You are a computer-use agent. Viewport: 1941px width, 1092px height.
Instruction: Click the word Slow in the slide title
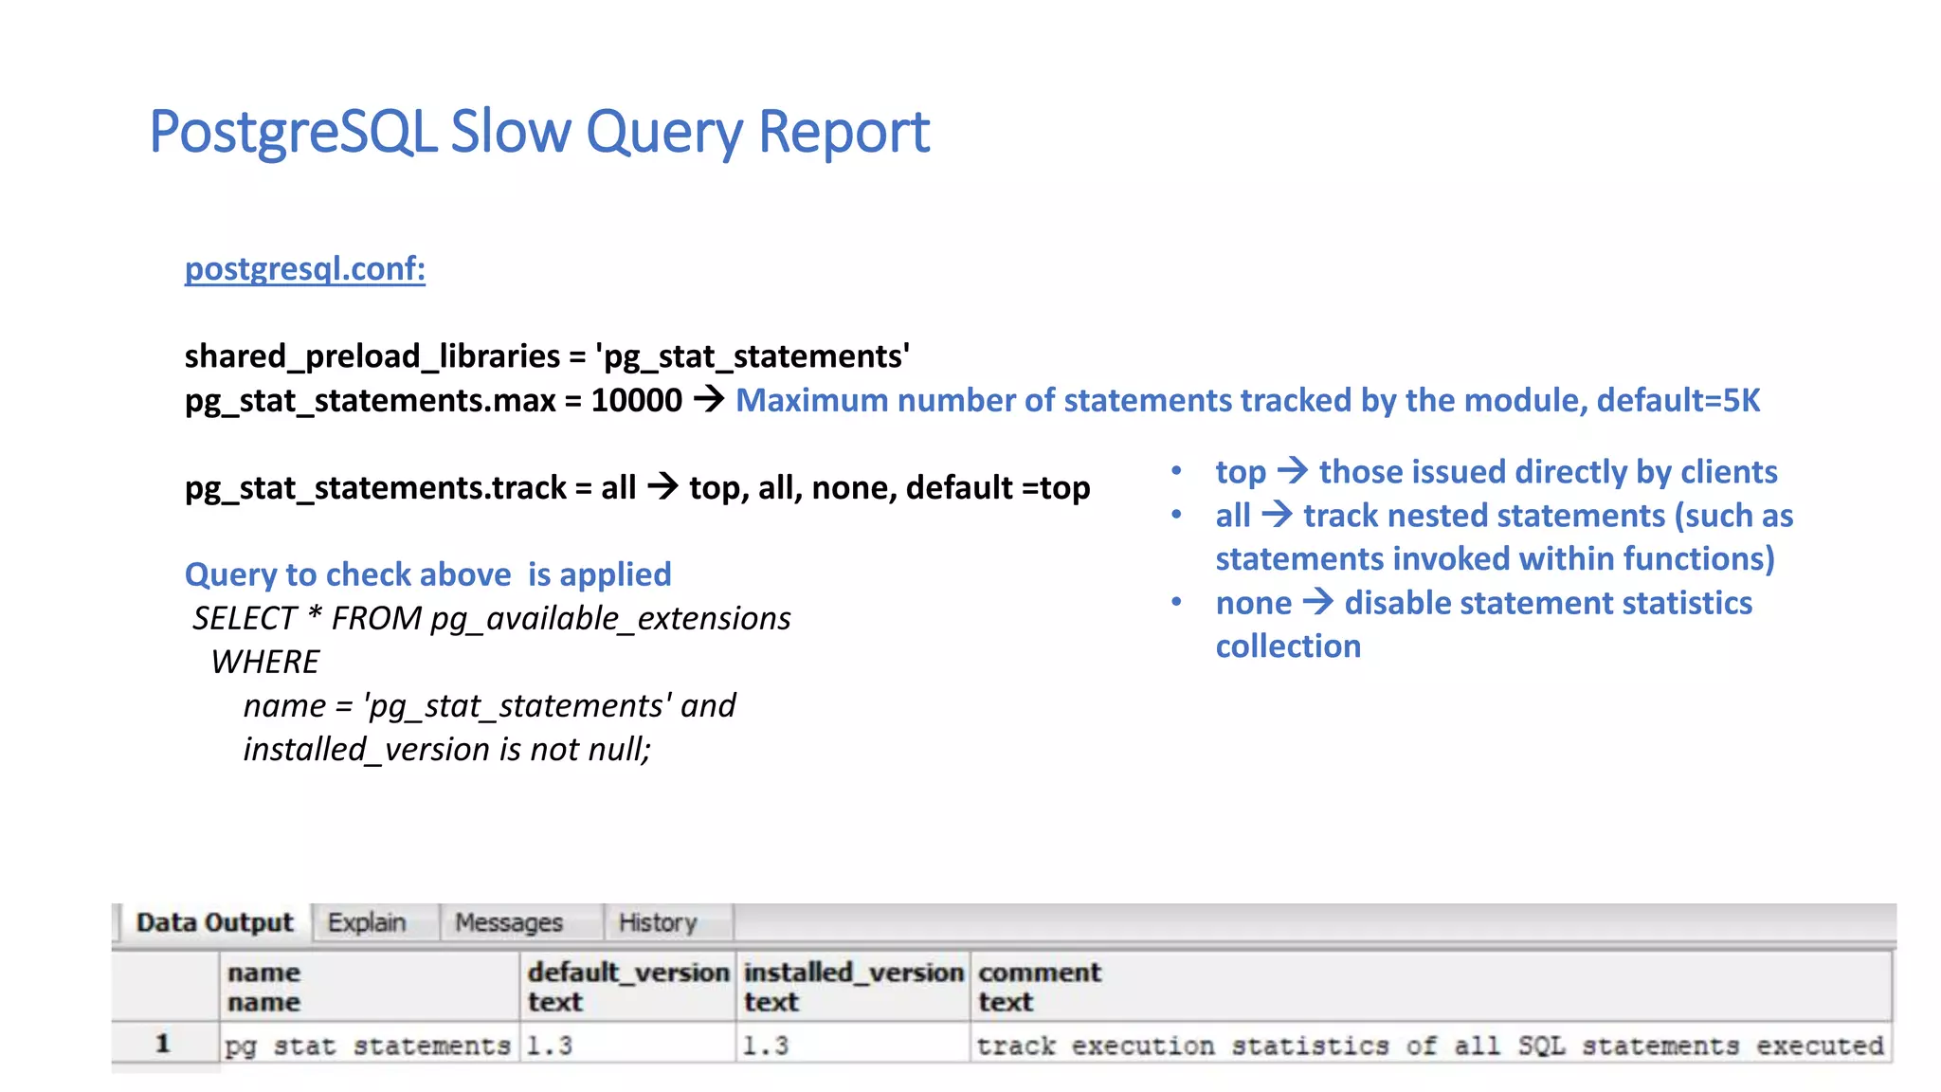click(510, 132)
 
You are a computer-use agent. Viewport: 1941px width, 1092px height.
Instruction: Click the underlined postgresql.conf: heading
click(304, 269)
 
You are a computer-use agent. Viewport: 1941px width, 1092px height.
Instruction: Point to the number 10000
click(636, 401)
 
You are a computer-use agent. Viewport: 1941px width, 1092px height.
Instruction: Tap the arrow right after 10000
click(709, 400)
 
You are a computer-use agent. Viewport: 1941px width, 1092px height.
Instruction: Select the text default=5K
click(1678, 401)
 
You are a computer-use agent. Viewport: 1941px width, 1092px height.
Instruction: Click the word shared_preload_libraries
click(372, 356)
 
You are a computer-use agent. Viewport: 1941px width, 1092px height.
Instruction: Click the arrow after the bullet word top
click(1293, 471)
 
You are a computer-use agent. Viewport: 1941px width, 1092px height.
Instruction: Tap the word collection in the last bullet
click(1288, 646)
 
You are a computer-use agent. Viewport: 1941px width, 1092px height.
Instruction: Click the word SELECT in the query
click(245, 619)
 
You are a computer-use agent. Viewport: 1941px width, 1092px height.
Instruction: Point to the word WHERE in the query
click(265, 663)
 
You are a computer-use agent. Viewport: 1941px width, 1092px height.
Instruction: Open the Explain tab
click(367, 922)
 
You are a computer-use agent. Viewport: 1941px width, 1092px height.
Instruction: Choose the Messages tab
click(509, 922)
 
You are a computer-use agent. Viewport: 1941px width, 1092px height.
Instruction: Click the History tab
click(658, 922)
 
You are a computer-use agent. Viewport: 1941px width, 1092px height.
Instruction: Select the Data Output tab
click(214, 922)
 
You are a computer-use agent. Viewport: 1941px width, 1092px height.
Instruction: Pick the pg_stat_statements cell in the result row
click(368, 1046)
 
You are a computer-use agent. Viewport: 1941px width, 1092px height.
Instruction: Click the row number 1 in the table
click(163, 1045)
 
